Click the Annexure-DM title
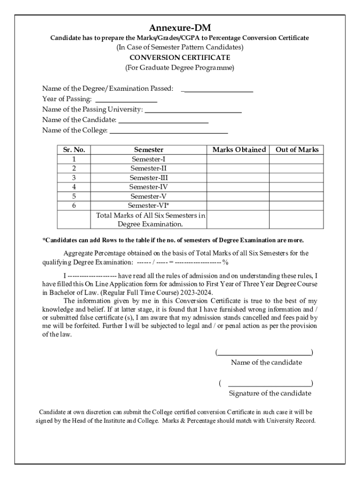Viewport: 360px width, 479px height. click(x=180, y=28)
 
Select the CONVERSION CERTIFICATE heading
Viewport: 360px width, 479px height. click(x=180, y=58)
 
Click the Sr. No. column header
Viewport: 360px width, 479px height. click(x=74, y=150)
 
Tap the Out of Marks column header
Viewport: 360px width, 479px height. click(x=297, y=150)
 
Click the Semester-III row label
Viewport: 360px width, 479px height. click(x=149, y=178)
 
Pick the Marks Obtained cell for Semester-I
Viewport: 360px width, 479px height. click(x=238, y=159)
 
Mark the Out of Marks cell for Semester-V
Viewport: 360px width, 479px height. click(x=296, y=196)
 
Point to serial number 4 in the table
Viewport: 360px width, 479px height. click(x=74, y=187)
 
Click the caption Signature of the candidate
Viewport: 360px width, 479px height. click(x=270, y=393)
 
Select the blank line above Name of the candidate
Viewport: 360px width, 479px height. click(x=265, y=352)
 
